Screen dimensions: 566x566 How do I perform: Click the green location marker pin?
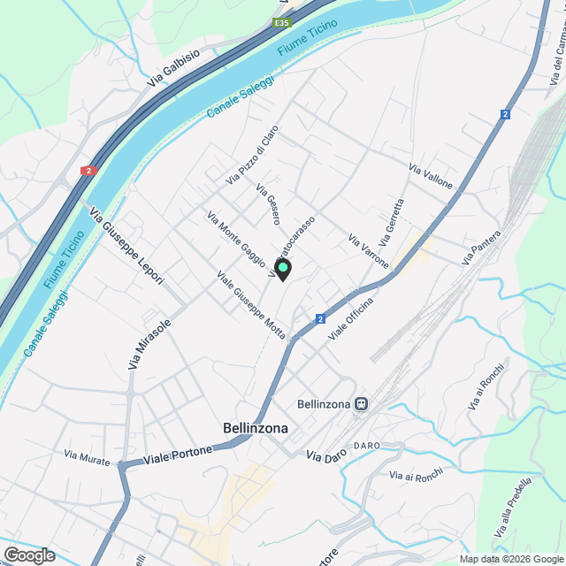click(283, 268)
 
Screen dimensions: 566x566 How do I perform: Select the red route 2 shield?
click(88, 170)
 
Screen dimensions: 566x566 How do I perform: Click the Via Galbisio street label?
click(173, 66)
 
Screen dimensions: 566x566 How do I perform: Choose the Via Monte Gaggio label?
click(236, 238)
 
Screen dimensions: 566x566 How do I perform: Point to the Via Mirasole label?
click(149, 343)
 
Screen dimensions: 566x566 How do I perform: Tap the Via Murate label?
click(87, 456)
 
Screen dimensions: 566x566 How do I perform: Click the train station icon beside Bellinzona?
click(361, 404)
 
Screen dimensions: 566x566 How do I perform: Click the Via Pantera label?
click(481, 248)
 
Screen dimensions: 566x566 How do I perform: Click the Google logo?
click(28, 555)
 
